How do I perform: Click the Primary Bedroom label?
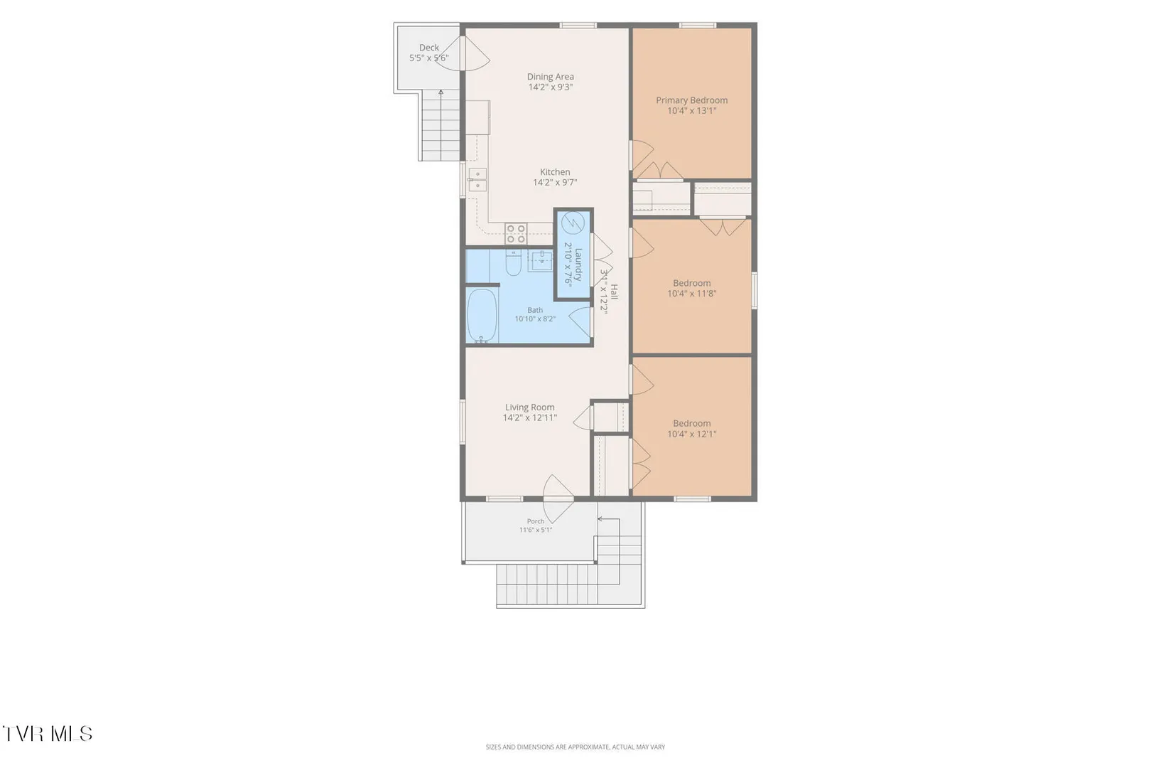[691, 100]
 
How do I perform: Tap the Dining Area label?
[551, 77]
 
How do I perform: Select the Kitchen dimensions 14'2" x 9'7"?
[555, 183]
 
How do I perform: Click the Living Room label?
[530, 407]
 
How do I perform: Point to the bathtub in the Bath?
[482, 315]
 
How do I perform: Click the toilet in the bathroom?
[513, 262]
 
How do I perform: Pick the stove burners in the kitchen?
[515, 233]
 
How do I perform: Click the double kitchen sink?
[477, 179]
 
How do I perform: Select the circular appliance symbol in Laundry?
[573, 223]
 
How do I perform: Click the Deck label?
[429, 48]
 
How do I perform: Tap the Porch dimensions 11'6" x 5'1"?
[536, 530]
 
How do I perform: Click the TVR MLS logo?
[48, 734]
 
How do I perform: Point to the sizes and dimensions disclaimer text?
[575, 747]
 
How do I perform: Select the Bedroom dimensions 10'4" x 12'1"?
[691, 434]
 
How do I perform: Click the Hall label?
[614, 292]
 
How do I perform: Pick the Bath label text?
[535, 310]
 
